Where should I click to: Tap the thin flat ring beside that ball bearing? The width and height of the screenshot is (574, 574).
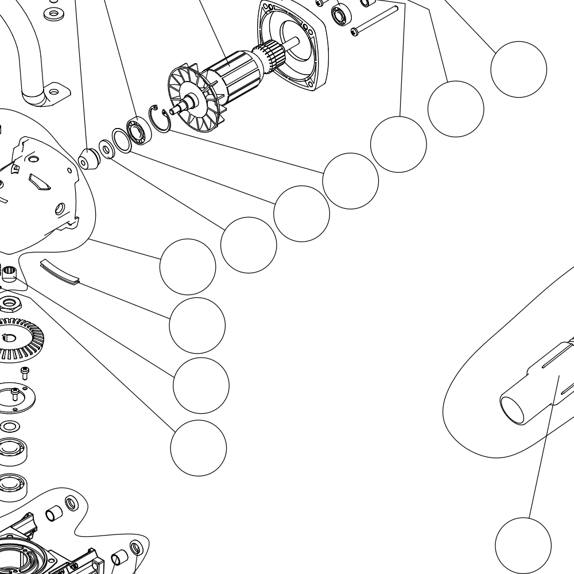click(121, 141)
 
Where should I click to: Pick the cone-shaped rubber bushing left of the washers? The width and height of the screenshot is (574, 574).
click(87, 159)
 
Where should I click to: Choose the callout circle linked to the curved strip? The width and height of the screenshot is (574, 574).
click(197, 325)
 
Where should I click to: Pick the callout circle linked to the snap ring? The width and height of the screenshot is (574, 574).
click(350, 181)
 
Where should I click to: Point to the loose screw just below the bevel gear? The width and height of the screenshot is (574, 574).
click(25, 373)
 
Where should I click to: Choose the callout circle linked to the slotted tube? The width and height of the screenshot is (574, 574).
click(523, 545)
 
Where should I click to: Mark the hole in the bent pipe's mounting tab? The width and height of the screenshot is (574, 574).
click(55, 90)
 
